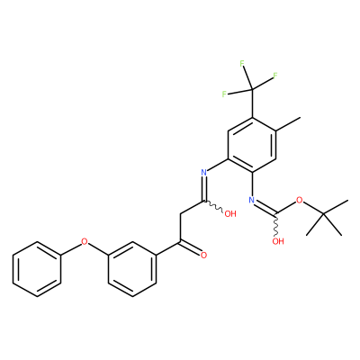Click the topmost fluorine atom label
tap(242, 64)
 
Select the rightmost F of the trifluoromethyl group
tap(274, 76)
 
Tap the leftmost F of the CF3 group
tap(224, 94)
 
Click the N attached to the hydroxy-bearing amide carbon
tap(204, 173)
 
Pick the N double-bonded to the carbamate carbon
tap(251, 200)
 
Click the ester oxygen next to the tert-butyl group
tap(299, 200)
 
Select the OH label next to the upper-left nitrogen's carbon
tap(230, 214)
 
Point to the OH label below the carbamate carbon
tap(278, 241)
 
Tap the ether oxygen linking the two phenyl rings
tap(85, 241)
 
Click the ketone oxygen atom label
tap(204, 256)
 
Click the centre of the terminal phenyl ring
tap(37, 269)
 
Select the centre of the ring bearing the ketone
tap(132, 269)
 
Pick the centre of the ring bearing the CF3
tap(252, 145)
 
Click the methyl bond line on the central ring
tap(288, 124)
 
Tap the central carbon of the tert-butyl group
tap(323, 214)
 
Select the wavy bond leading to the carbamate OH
tap(275, 224)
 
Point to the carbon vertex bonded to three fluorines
tap(252, 89)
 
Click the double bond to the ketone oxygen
tap(191, 247)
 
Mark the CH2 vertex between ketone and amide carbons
tap(180, 214)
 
